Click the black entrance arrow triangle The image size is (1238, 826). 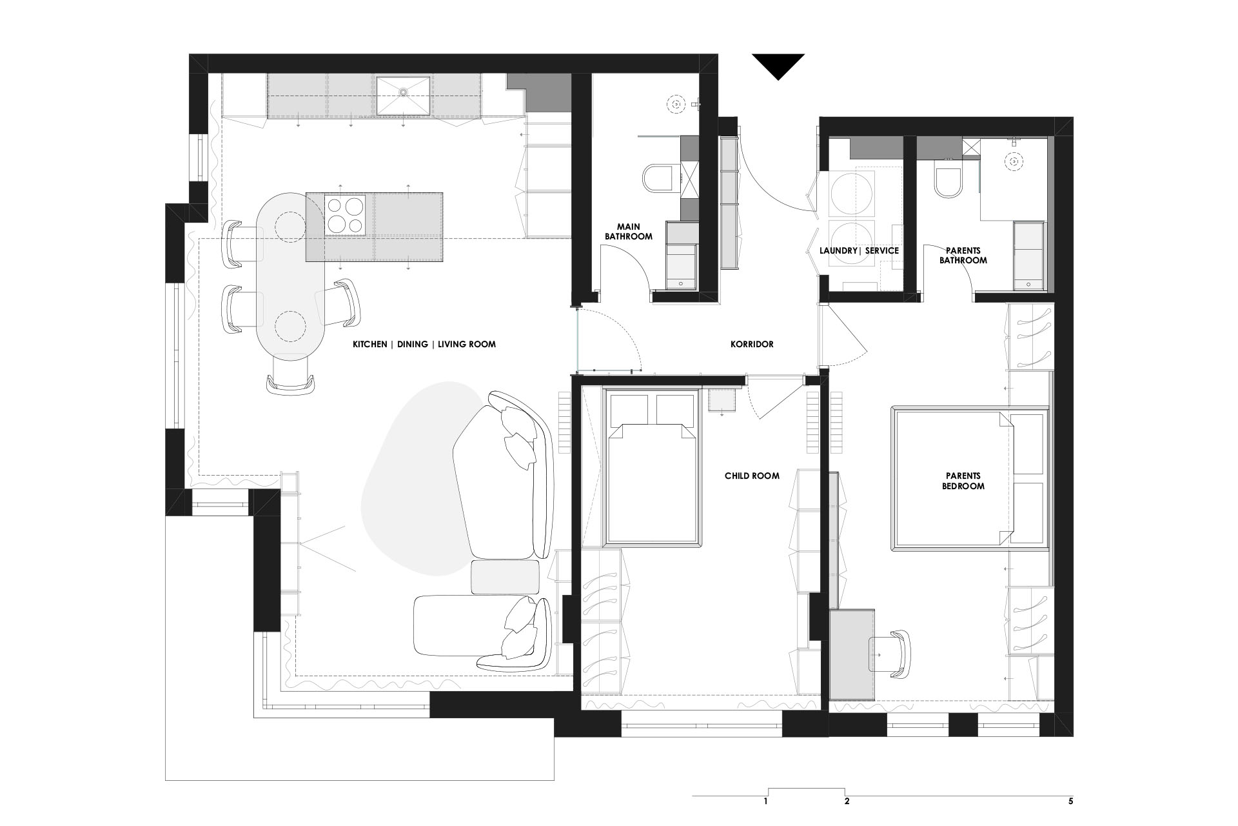pyautogui.click(x=778, y=65)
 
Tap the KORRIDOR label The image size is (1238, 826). pyautogui.click(x=752, y=344)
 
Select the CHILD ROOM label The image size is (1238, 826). pyautogui.click(x=752, y=476)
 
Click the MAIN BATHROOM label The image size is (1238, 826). pyautogui.click(x=628, y=231)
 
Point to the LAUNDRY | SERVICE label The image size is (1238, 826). pyautogui.click(x=859, y=250)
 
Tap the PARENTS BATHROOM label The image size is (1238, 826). pyautogui.click(x=963, y=255)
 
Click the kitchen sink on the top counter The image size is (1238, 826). pyautogui.click(x=403, y=96)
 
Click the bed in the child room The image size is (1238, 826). pyautogui.click(x=652, y=466)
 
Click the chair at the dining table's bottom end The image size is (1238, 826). pyautogui.click(x=291, y=376)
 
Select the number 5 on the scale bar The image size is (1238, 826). pyautogui.click(x=1070, y=802)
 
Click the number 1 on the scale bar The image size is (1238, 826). pyautogui.click(x=765, y=802)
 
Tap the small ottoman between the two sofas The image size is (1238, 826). pyautogui.click(x=506, y=577)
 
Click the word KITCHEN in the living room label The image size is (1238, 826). pyautogui.click(x=370, y=345)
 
